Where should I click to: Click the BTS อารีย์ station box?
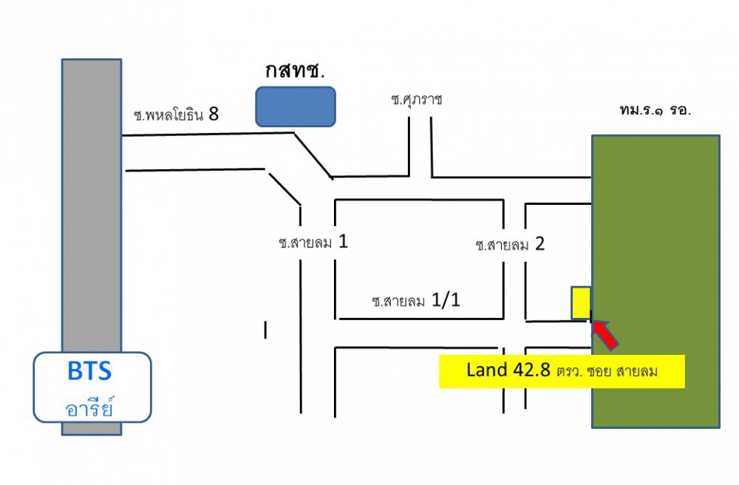[92, 387]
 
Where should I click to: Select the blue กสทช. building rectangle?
[296, 106]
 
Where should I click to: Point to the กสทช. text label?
[296, 72]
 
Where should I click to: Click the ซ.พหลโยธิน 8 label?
[176, 115]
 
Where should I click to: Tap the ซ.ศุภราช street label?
[417, 99]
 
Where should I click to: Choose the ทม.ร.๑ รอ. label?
[655, 109]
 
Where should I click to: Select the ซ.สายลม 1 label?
[313, 243]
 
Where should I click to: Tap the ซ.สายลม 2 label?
[511, 244]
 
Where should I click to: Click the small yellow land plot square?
[580, 302]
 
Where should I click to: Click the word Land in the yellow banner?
[484, 370]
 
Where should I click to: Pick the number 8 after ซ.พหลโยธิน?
[214, 114]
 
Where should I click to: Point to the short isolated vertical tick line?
[265, 330]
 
